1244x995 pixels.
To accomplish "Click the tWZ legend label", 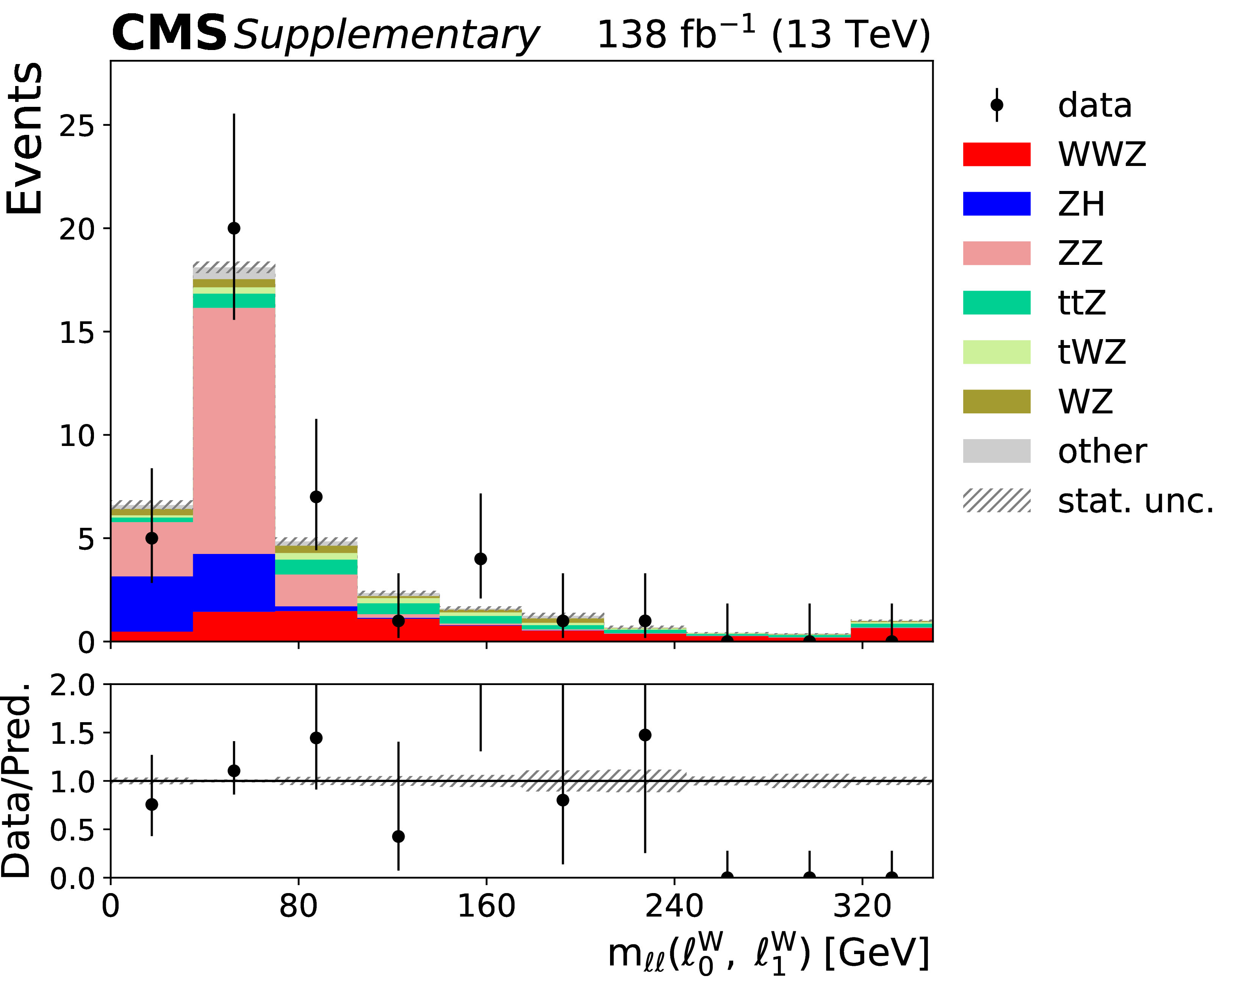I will pyautogui.click(x=1092, y=352).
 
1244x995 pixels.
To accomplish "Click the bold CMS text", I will pyautogui.click(x=169, y=33).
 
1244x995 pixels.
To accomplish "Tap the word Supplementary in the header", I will pyautogui.click(x=386, y=36).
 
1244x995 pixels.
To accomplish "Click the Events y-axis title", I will pyautogui.click(x=24, y=138).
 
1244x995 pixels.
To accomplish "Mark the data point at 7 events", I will pyautogui.click(x=316, y=497).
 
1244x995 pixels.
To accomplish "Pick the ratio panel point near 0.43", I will pyautogui.click(x=398, y=836).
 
